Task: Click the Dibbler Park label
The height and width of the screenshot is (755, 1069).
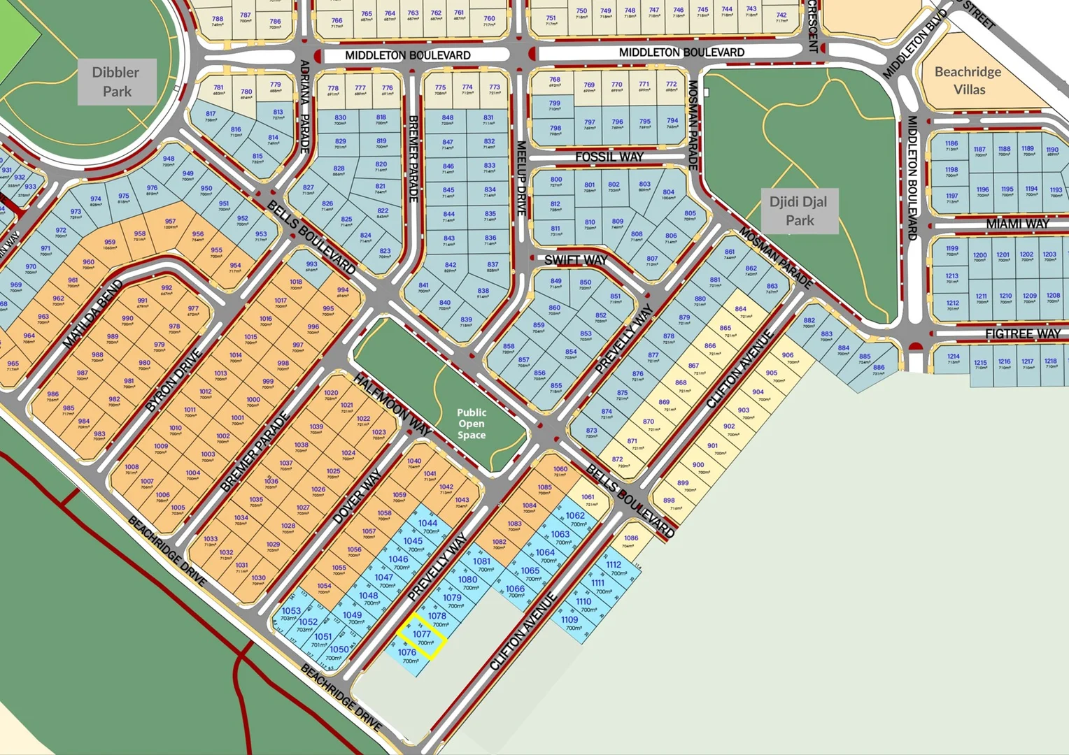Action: point(117,82)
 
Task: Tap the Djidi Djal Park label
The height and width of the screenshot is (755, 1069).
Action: point(798,211)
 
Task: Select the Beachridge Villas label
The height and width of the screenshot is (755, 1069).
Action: point(968,80)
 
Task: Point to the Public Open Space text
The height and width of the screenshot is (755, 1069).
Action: point(472,424)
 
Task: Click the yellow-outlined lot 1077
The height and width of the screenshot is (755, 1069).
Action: point(422,637)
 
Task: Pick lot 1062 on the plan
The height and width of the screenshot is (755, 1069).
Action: point(576,519)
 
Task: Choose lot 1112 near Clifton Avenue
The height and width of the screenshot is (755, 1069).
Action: point(614,568)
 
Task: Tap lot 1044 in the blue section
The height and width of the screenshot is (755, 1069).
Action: point(428,526)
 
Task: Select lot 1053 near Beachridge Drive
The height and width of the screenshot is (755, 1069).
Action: point(291,613)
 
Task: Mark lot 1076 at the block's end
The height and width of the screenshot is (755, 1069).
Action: point(407,655)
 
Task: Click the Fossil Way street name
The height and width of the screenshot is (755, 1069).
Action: point(609,157)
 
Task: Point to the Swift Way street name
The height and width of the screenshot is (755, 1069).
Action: point(576,260)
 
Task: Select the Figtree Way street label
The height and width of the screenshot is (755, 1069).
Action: point(1022,334)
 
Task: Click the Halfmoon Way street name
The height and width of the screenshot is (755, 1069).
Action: point(392,405)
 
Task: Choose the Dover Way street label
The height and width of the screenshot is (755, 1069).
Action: point(357,496)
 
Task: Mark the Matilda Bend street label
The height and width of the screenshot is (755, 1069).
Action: point(93,315)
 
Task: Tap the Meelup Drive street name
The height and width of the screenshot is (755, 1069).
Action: point(521,178)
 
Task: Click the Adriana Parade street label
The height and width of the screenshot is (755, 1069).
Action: point(304,106)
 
